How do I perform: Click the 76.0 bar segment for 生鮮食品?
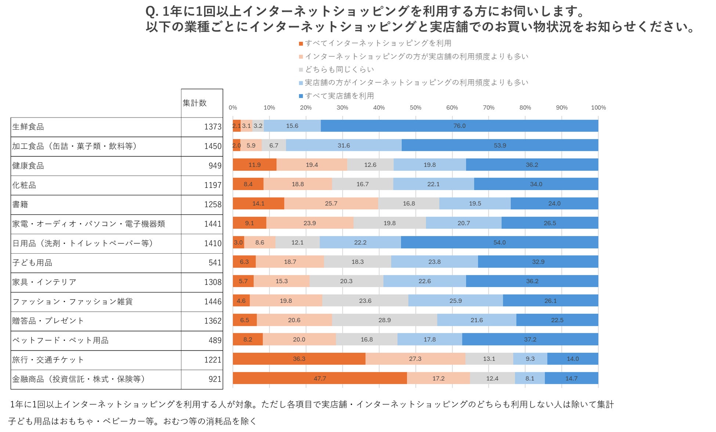tap(459, 126)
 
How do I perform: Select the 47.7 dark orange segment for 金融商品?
tap(319, 378)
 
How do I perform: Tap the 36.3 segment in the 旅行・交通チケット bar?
tap(299, 359)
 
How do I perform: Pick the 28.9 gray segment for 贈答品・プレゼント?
tap(384, 320)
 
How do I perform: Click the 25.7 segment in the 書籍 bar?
tap(331, 203)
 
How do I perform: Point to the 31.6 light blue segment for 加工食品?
tap(344, 145)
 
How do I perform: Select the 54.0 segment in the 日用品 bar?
tap(499, 242)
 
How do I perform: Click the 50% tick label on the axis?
tap(415, 108)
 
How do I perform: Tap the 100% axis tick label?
tap(598, 108)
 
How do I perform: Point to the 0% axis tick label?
tap(233, 108)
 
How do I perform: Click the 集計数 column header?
tap(195, 103)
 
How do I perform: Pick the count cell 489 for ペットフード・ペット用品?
tap(215, 340)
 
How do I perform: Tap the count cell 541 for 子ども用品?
tap(215, 262)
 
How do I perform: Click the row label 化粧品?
tap(24, 185)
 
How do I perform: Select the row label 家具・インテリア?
tap(44, 282)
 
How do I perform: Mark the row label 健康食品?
tap(28, 166)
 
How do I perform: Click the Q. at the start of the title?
tap(152, 12)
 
